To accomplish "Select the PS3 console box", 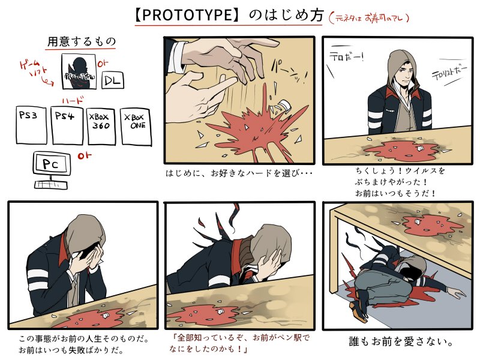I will coord(31,125).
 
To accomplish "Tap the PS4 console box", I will coord(67,125).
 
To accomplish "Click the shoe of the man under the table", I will coord(359,312).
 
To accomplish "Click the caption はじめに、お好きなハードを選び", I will coord(240,174).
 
